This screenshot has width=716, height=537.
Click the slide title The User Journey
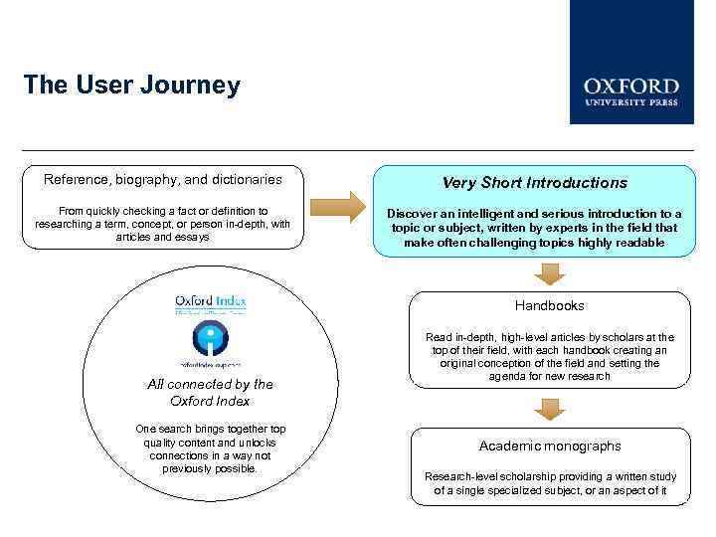pos(131,85)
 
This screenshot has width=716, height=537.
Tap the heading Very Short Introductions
pos(535,183)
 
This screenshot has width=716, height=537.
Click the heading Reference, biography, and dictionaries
pos(162,180)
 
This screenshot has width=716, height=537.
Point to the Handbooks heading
pos(549,306)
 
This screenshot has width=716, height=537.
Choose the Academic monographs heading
pos(549,446)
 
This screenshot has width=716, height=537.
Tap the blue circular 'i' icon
pos(210,337)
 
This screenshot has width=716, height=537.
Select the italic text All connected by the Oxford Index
pos(210,392)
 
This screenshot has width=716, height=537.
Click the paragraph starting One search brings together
pos(210,448)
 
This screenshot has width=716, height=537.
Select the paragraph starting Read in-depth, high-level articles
pos(549,357)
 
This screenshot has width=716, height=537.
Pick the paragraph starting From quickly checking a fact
pos(162,224)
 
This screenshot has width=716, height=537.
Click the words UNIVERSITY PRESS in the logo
pos(631,101)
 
